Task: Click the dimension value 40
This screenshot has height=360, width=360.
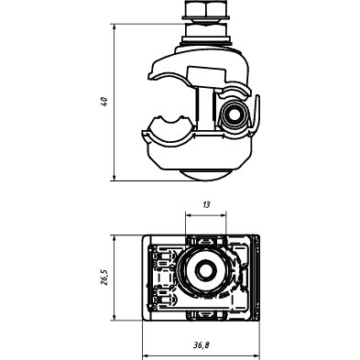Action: [104, 102]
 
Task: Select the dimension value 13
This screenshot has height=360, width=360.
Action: [206, 204]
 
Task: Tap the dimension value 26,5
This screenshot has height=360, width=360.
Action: [104, 278]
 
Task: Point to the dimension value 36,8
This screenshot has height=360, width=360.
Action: [202, 345]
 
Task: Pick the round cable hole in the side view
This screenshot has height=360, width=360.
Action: [235, 115]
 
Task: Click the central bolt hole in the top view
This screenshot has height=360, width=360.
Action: [204, 270]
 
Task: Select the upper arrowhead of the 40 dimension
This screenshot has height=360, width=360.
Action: [115, 27]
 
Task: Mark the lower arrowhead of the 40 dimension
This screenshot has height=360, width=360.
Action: [115, 177]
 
